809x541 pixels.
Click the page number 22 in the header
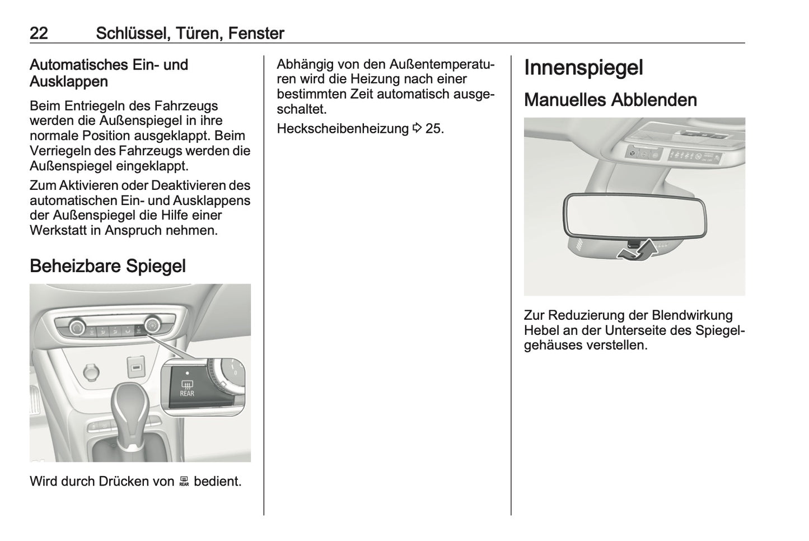[x=39, y=34]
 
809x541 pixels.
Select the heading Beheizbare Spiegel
[x=107, y=265]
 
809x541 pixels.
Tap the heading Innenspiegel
[x=583, y=68]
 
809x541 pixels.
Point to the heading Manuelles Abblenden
[x=610, y=100]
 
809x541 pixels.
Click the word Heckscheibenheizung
[x=343, y=129]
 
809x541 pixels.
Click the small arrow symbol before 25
[x=417, y=129]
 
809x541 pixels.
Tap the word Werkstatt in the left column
[x=58, y=230]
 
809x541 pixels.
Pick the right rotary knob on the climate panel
[x=152, y=325]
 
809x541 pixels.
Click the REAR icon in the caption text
[x=184, y=482]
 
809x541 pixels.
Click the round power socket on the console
[x=90, y=371]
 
